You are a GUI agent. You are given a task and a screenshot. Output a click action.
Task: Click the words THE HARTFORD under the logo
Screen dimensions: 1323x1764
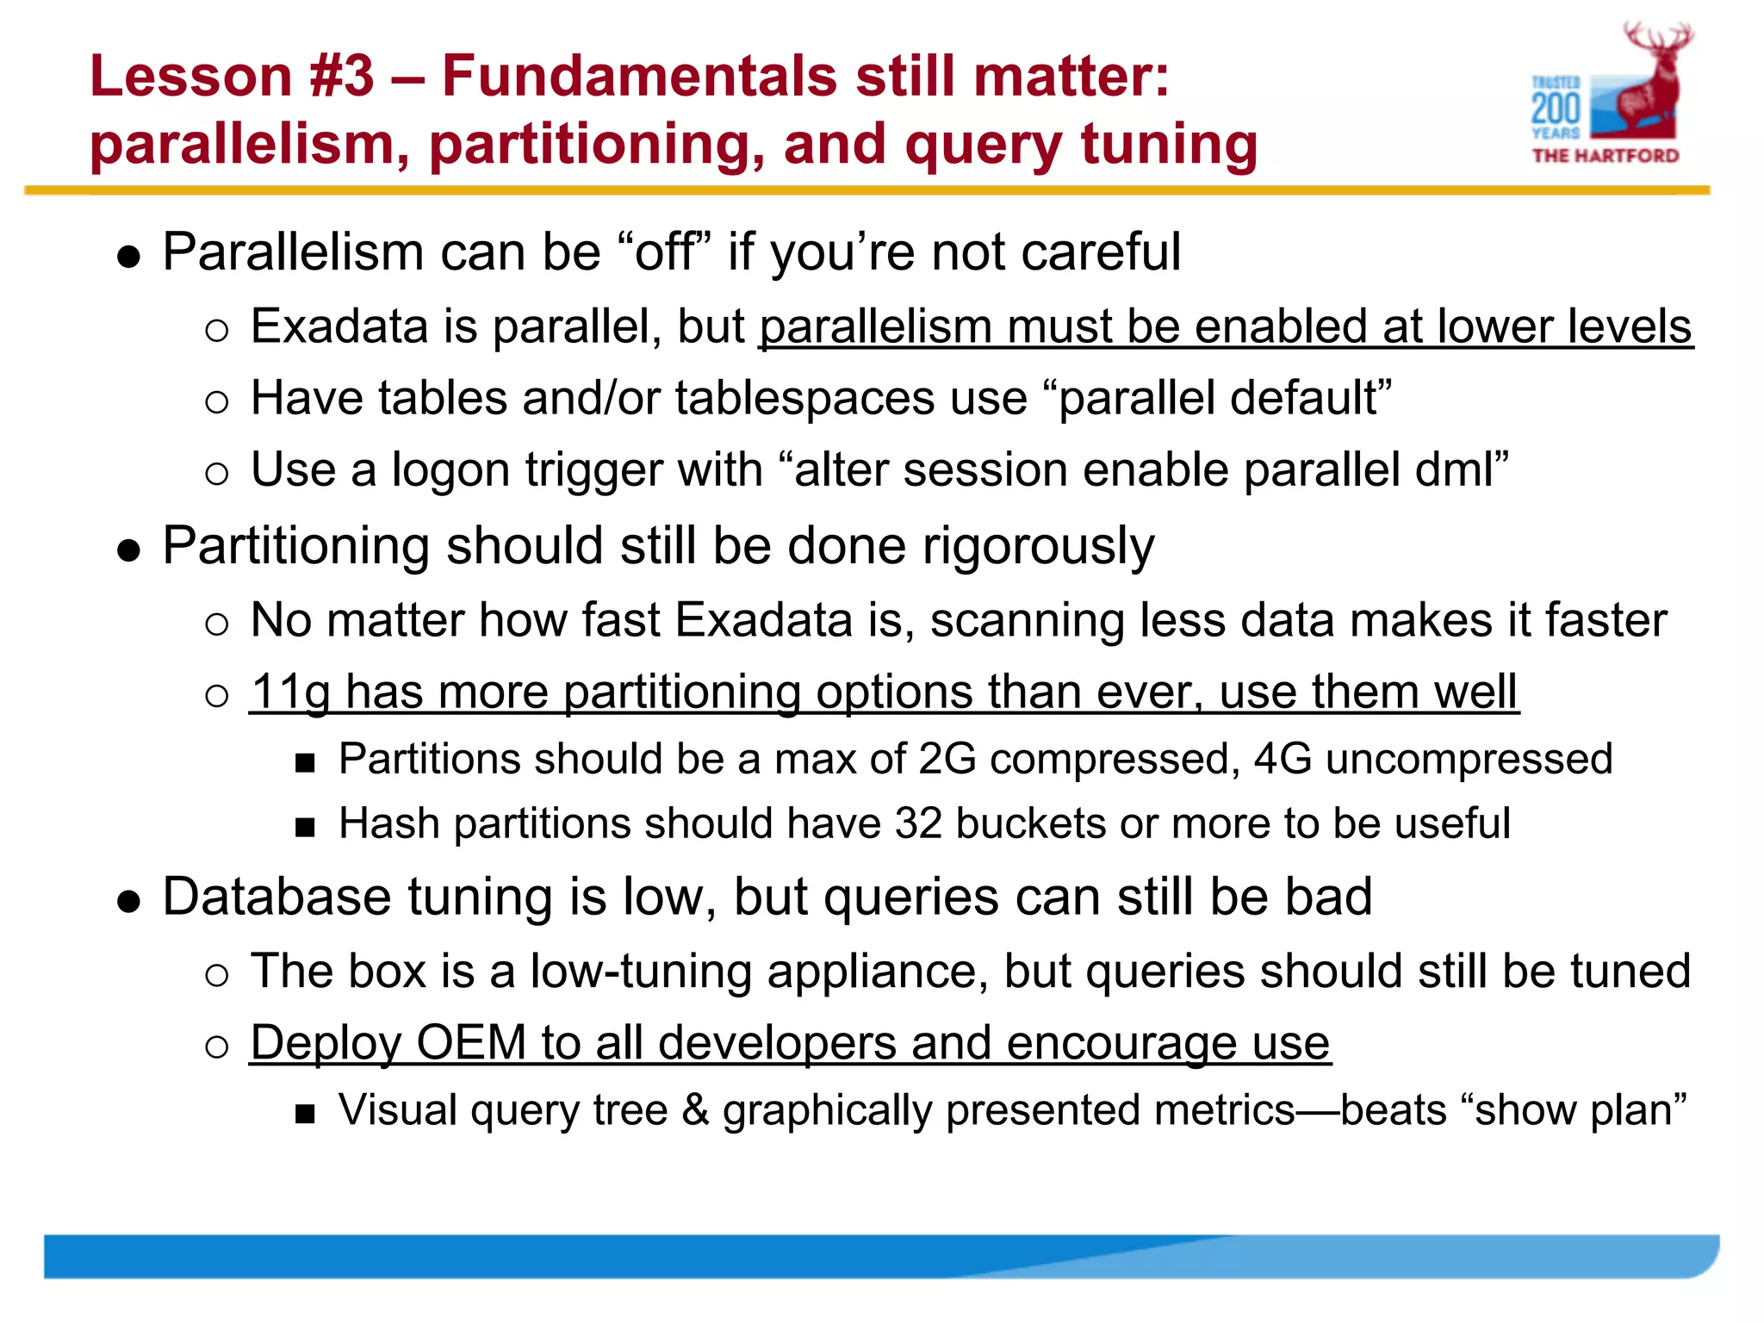click(1606, 156)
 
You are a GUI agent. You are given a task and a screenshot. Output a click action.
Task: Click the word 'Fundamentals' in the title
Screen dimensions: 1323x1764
click(639, 76)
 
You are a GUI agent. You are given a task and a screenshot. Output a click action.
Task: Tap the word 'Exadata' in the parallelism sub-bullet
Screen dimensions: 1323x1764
click(339, 327)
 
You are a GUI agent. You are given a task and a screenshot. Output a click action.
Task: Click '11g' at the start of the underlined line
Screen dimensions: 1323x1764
click(291, 692)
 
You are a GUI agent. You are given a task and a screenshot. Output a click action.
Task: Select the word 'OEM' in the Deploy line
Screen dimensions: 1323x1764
click(471, 1043)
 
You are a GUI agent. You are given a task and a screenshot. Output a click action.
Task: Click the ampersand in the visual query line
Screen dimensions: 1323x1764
click(695, 1109)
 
